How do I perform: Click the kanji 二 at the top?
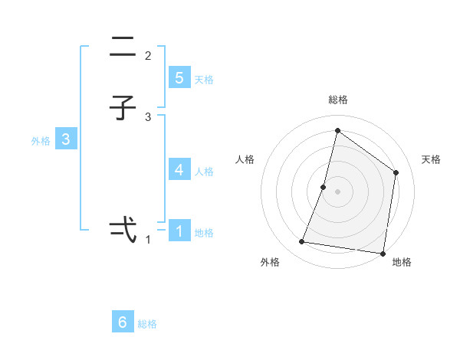tap(123, 47)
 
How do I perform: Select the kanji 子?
tap(123, 109)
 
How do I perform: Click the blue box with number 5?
tap(179, 77)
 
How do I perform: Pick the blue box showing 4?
tap(179, 169)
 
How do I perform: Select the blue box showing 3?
tap(66, 139)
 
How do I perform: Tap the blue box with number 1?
tap(179, 231)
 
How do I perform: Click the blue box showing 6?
tap(123, 322)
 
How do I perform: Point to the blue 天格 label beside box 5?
tap(204, 80)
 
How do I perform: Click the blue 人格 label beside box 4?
tap(204, 172)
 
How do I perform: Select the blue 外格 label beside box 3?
tap(41, 141)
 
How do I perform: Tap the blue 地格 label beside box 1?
tap(204, 233)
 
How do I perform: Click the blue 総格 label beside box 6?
tap(147, 324)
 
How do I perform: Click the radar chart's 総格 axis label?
tap(338, 100)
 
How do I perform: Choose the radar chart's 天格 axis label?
tap(431, 159)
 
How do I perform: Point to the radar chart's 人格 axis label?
tap(245, 159)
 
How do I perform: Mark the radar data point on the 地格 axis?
tap(383, 253)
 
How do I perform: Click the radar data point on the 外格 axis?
tap(302, 242)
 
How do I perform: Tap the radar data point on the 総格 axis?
tap(337, 131)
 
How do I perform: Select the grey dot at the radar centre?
tap(337, 191)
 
